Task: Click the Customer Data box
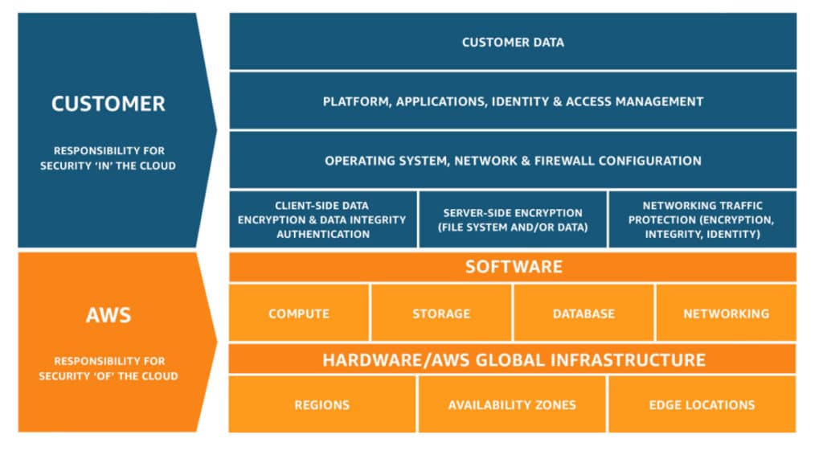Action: coord(513,42)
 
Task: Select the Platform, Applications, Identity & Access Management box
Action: coord(513,101)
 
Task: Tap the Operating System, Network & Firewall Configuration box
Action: coord(513,161)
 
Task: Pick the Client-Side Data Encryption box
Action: coord(323,219)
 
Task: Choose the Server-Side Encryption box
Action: coord(513,219)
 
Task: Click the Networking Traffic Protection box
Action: coord(702,219)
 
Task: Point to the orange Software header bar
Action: coord(513,266)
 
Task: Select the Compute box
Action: coord(299,314)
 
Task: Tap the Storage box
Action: coord(441,314)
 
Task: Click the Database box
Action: coord(583,314)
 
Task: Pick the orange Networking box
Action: coord(726,314)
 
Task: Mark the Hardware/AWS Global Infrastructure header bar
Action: coord(513,359)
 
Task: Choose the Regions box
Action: coord(323,404)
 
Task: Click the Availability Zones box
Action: coord(512,404)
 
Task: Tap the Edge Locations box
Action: coord(702,404)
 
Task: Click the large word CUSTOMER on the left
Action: coord(109,104)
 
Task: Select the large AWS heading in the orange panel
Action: coord(109,314)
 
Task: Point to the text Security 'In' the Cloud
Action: coord(109,166)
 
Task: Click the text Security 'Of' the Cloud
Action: coord(109,376)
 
